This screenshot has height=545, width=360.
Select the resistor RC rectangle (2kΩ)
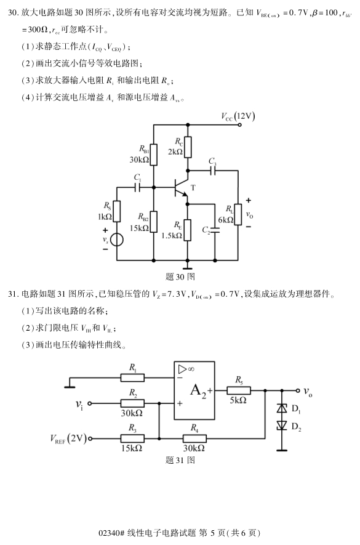pos(188,147)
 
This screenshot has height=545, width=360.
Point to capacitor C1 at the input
pos(138,185)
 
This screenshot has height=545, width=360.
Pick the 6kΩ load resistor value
pos(225,220)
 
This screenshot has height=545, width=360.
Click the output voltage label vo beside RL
pos(249,215)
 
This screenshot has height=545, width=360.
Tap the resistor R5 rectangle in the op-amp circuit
pos(238,390)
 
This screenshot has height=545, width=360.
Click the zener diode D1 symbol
pos(282,408)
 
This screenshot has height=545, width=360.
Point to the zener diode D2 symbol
pos(282,426)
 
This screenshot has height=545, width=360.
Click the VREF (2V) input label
pos(68,438)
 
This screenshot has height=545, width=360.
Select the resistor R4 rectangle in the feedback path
pos(194,438)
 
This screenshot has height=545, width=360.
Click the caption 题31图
pos(180,459)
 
